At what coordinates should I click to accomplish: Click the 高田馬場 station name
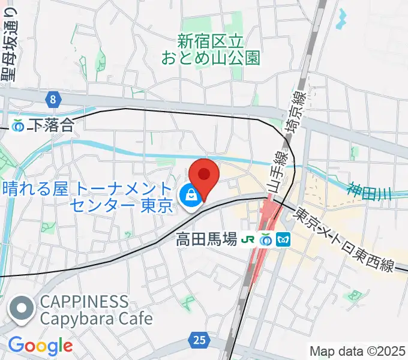click(206, 239)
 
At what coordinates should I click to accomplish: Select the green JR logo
click(246, 239)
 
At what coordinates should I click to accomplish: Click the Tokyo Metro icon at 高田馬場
click(284, 239)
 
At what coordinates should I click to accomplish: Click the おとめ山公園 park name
click(211, 49)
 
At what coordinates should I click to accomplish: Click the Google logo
click(40, 346)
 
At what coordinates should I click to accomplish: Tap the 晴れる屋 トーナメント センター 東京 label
click(88, 197)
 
